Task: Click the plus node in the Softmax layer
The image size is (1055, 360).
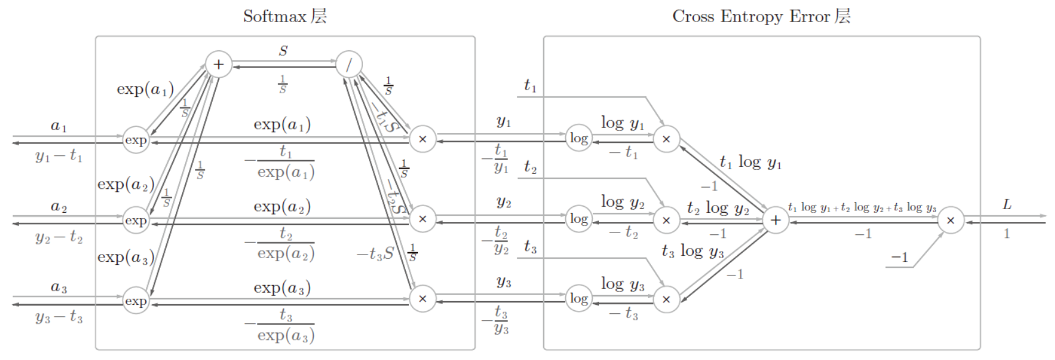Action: [x=218, y=64]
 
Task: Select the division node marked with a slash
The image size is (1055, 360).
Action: [x=349, y=64]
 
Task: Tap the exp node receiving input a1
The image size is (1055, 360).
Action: [x=135, y=140]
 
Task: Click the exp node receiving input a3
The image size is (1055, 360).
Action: [x=135, y=301]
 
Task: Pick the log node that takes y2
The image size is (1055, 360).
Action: [x=579, y=219]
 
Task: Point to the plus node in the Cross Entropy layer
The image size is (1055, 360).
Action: [x=775, y=220]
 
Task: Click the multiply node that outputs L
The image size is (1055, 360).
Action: [x=950, y=220]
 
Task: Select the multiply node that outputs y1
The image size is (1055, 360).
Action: [x=422, y=139]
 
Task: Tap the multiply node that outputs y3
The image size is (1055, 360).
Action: [x=422, y=299]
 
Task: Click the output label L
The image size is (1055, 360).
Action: [x=1007, y=205]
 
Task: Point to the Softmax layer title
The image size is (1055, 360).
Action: [x=285, y=16]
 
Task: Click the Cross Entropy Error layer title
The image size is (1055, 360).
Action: [x=761, y=16]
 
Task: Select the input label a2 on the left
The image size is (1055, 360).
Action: [x=59, y=207]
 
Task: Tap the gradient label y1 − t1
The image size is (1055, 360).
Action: [x=59, y=156]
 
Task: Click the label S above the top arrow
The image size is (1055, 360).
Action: [x=283, y=51]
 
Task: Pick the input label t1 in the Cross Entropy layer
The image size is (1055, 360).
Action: [x=530, y=86]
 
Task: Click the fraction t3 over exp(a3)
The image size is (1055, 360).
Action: [x=284, y=326]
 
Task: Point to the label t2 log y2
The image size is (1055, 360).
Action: [x=718, y=209]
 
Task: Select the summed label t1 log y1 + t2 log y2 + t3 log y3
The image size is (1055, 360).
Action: [x=863, y=207]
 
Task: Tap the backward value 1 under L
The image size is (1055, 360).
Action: [x=1007, y=234]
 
